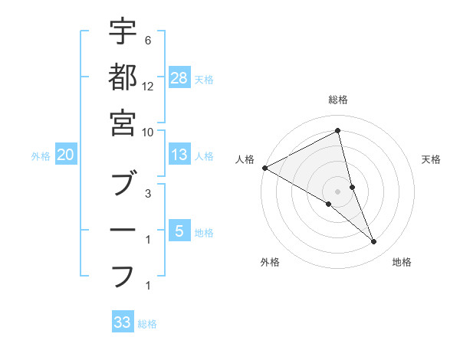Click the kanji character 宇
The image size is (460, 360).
(123, 33)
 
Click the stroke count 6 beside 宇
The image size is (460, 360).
(147, 40)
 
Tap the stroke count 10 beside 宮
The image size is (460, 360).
(148, 132)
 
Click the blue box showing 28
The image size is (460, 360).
(179, 78)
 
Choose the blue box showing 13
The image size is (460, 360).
(179, 155)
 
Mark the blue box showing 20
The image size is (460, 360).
(66, 155)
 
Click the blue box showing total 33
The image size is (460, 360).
(123, 322)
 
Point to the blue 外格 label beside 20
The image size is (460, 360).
(41, 156)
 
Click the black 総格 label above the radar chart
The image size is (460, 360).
(338, 100)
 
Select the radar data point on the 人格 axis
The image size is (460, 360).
(264, 168)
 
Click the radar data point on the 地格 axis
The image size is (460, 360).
(374, 242)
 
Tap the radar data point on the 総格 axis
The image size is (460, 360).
(338, 132)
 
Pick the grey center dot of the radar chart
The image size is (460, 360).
(338, 191)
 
